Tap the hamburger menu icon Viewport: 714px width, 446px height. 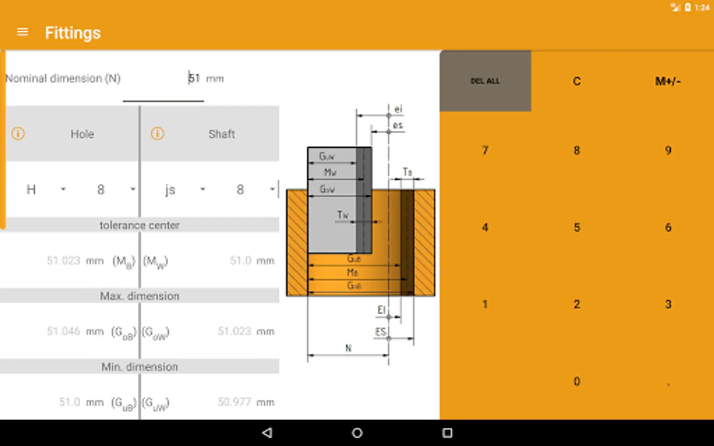coord(22,32)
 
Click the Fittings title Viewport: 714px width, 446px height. coord(73,33)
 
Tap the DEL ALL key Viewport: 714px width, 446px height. coord(485,81)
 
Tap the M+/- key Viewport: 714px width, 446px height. coord(667,81)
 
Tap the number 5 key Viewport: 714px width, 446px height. coord(577,227)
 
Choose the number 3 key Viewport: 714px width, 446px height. coord(668,304)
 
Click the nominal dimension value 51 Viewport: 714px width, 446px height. coord(194,78)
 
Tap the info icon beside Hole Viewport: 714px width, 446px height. coord(18,134)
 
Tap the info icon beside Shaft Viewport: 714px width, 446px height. coord(157,134)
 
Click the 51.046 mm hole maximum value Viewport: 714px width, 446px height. coord(63,331)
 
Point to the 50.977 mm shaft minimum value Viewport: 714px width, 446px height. coord(235,402)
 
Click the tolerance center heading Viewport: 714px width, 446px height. coord(139,225)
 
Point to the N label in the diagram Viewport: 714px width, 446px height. coord(348,348)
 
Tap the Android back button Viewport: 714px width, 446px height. coord(267,433)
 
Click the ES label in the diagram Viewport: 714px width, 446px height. coord(380,332)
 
